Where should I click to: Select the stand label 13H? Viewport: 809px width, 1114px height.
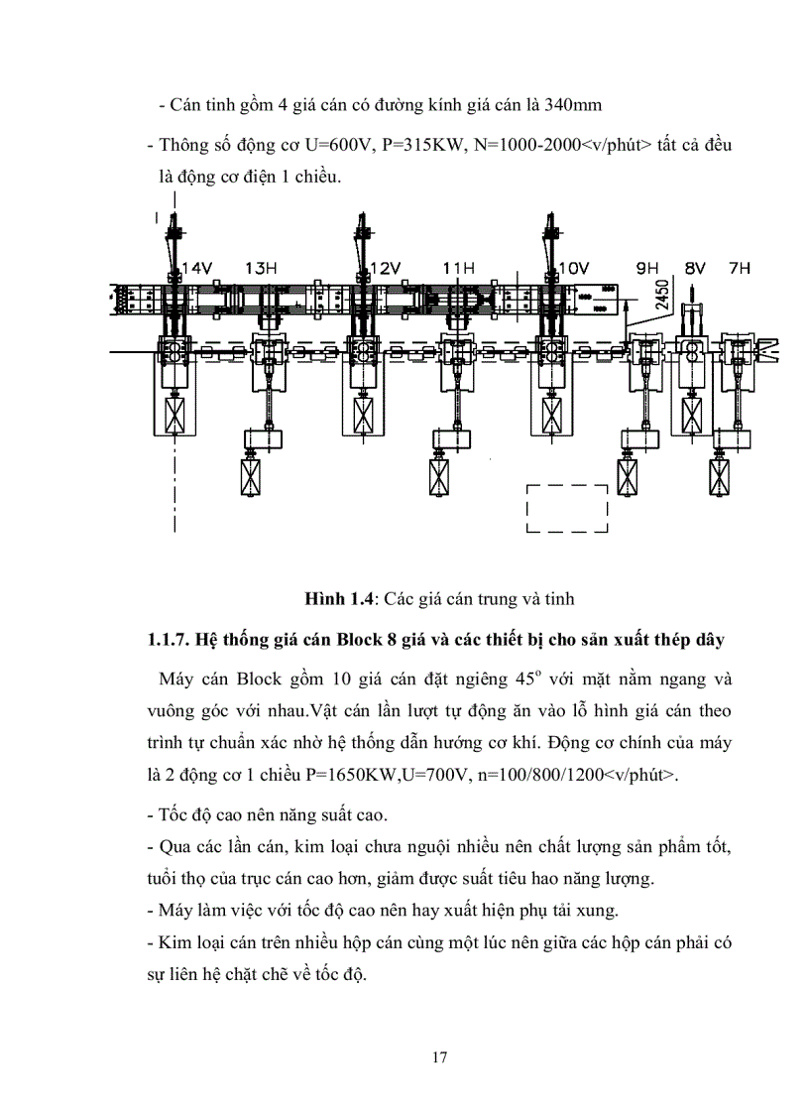click(261, 268)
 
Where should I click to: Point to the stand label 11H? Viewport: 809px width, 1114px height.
click(458, 268)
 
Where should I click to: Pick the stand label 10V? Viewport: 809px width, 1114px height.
click(573, 268)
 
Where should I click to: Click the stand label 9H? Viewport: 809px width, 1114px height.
click(647, 268)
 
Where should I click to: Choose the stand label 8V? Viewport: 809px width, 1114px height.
click(695, 268)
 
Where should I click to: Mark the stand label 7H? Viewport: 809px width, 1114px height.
click(740, 268)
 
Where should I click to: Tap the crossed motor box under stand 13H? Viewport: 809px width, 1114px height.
click(253, 475)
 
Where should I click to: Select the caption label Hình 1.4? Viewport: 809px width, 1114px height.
click(343, 598)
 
